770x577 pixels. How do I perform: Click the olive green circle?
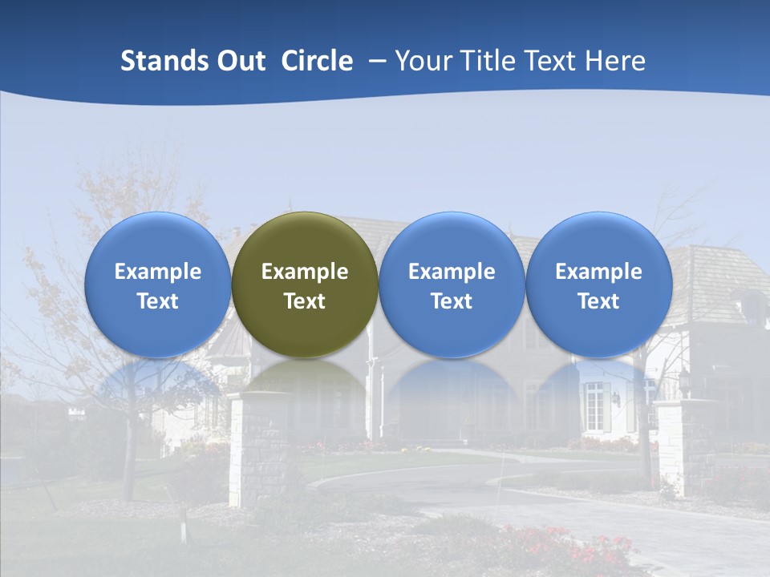(305, 284)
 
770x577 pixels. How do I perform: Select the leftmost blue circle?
(157, 284)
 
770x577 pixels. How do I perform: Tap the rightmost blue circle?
(598, 284)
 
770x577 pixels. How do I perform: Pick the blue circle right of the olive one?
(452, 284)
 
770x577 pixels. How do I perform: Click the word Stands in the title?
(164, 61)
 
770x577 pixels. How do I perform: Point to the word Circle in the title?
(317, 61)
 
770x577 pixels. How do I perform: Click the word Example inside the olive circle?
(305, 272)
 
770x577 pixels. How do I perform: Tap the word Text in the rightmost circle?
(598, 301)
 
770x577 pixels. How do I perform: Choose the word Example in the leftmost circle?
(157, 272)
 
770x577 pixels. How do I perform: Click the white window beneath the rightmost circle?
(594, 406)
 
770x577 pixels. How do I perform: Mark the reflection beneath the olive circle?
(305, 381)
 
